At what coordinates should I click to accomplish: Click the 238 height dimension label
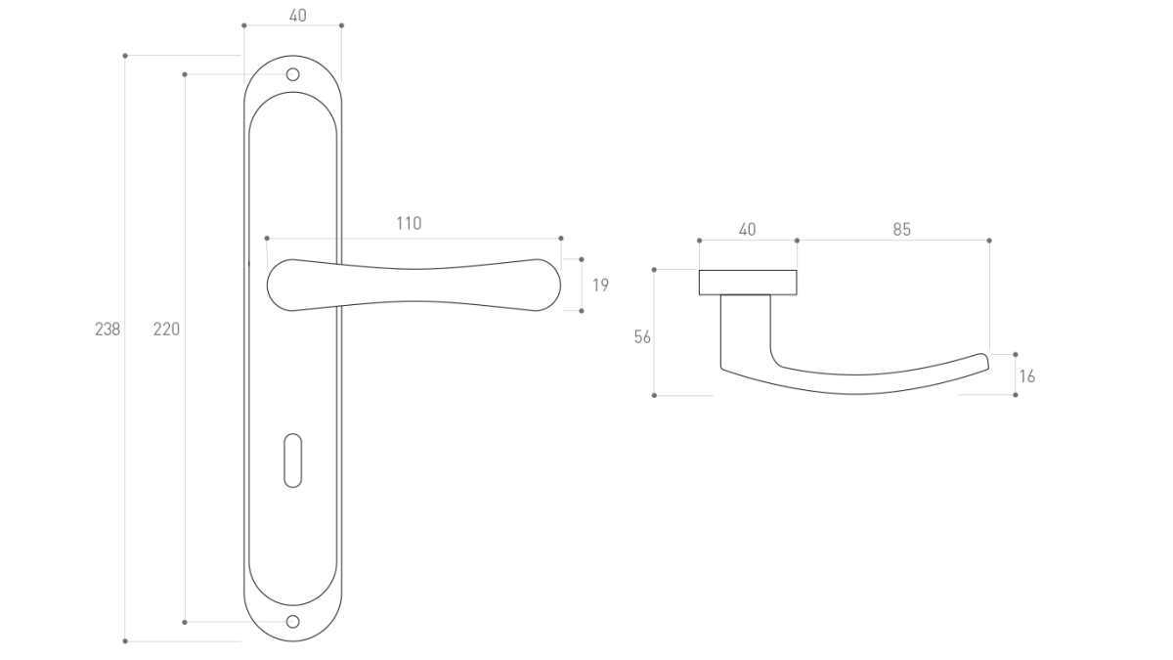coord(108,330)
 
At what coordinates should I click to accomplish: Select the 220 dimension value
coord(166,330)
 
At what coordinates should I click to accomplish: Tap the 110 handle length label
coord(409,224)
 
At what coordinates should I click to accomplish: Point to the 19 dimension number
coord(600,286)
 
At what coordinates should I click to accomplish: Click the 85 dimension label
coord(901,230)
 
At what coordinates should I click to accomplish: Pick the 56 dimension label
coord(642,336)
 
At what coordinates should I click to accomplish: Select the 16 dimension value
coord(1027,376)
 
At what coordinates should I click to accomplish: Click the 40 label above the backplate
coord(298,16)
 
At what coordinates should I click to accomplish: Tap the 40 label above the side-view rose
coord(747,230)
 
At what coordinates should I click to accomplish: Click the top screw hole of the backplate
coord(292,74)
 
